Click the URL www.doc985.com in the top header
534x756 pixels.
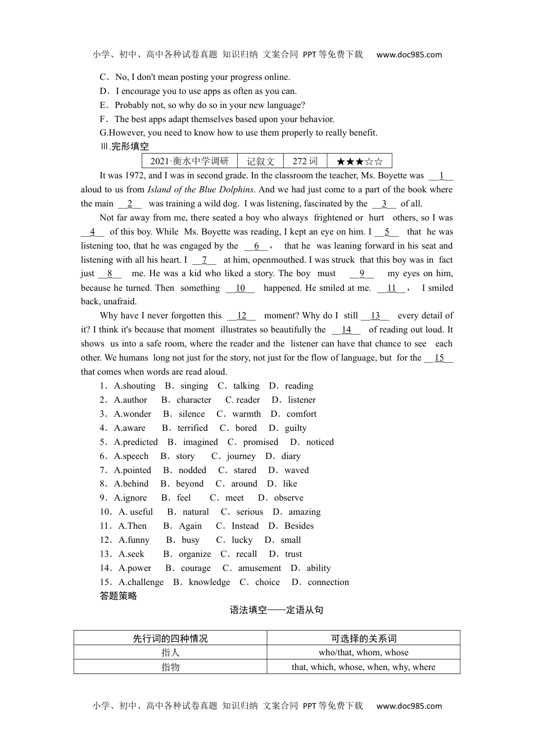(409, 55)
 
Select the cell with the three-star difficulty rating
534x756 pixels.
(359, 161)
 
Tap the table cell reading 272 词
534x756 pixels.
(305, 161)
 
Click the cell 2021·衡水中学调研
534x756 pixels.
(189, 161)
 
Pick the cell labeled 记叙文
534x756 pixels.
(260, 161)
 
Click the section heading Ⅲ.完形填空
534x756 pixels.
(124, 147)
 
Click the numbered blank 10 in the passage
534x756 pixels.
(240, 288)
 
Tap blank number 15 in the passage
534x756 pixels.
(439, 358)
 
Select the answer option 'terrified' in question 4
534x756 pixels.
(192, 428)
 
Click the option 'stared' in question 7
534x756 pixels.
(245, 470)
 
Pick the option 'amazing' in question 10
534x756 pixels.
(304, 512)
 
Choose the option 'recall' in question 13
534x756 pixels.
(246, 554)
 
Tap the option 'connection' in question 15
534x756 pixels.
(328, 582)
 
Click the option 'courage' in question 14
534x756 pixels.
(196, 568)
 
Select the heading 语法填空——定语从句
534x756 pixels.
(277, 610)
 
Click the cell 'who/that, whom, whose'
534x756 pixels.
(363, 652)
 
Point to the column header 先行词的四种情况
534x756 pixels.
(170, 638)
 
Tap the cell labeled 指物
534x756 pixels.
(170, 667)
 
